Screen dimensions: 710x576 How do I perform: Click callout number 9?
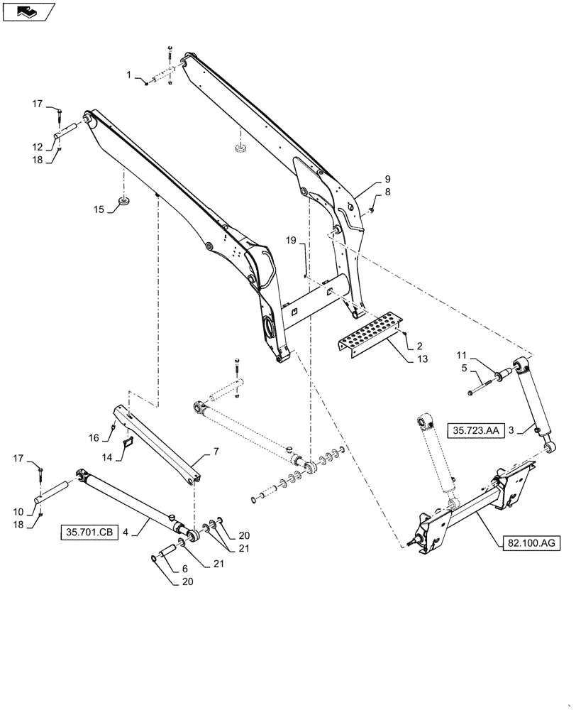point(387,177)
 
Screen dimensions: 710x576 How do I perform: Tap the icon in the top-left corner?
point(28,11)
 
